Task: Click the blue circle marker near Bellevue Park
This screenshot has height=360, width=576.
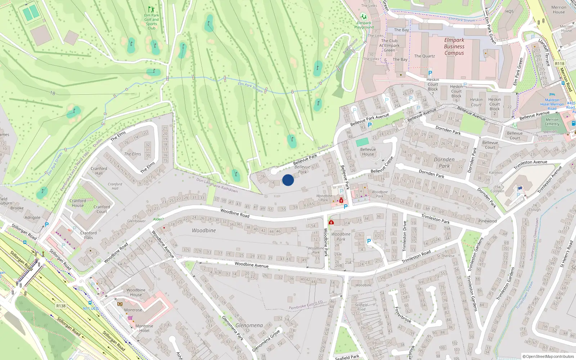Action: (288, 180)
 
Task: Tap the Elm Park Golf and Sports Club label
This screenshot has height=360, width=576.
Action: (152, 22)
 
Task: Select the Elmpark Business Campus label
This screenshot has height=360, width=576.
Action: (454, 46)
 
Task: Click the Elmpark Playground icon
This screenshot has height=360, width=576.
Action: (364, 17)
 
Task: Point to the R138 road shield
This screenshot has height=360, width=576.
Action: (61, 306)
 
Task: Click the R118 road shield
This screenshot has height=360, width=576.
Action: (559, 64)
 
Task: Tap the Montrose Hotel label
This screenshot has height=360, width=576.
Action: (144, 328)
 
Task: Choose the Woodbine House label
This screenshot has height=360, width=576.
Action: (136, 292)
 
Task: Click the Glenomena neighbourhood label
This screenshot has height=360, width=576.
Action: (249, 325)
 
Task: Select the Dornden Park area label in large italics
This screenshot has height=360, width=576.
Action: (444, 163)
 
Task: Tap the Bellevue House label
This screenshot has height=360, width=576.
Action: (368, 152)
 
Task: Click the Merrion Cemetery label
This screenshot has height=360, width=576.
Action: (552, 122)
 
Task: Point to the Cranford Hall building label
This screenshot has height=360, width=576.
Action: (99, 171)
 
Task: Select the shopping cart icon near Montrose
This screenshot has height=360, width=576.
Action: (130, 318)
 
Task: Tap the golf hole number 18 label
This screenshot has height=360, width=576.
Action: (53, 93)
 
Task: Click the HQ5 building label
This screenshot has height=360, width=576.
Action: (509, 12)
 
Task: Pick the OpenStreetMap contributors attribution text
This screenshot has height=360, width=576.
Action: (548, 356)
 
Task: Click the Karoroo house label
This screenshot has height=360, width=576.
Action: (496, 173)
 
